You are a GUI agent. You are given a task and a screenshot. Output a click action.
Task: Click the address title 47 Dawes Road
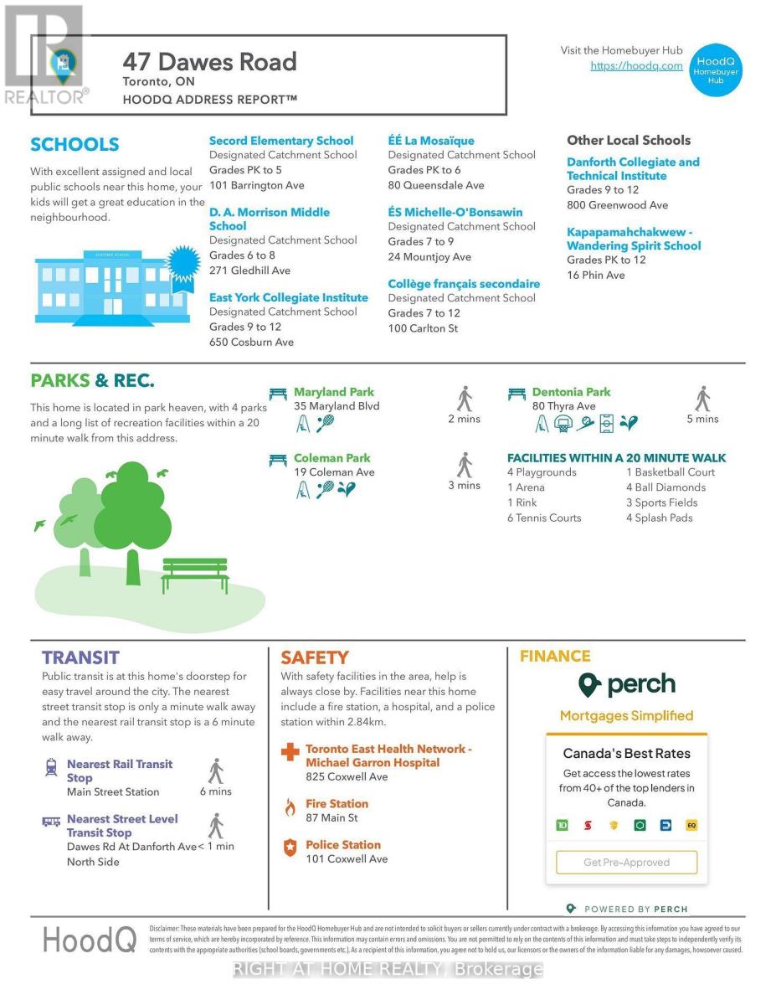209,62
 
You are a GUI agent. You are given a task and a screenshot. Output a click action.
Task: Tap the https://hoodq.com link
636,66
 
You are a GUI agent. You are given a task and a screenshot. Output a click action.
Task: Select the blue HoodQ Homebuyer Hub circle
716,67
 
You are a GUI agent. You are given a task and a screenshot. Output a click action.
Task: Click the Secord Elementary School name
281,141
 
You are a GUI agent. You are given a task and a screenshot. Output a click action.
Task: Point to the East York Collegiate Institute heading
288,297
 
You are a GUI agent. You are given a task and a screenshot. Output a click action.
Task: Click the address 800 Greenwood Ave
617,205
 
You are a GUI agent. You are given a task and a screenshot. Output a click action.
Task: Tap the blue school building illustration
101,287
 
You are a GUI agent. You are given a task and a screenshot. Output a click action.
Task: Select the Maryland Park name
333,392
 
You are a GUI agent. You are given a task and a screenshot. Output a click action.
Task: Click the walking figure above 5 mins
703,399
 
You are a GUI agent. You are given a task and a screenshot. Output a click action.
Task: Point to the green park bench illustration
195,575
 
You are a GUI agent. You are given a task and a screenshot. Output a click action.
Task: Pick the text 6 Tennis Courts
543,518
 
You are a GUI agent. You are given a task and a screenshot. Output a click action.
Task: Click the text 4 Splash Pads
659,518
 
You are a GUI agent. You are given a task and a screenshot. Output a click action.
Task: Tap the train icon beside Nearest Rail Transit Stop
51,766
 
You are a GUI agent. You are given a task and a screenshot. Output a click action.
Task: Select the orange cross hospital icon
290,752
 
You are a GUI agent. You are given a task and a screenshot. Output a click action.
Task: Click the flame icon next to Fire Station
290,807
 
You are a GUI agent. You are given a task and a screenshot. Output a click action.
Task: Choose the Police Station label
342,845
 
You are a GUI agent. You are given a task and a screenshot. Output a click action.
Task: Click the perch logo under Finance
626,685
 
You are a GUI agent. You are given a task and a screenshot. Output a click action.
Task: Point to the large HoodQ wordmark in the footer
90,940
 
